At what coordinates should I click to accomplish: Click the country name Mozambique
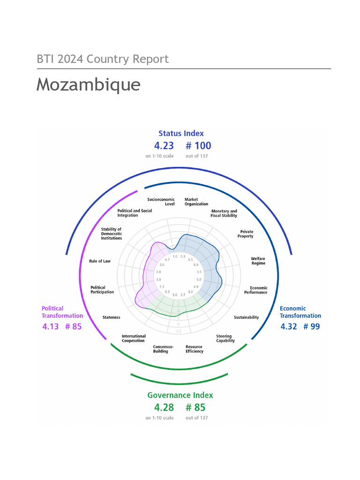pyautogui.click(x=88, y=85)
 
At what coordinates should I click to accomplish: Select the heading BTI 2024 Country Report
pyautogui.click(x=103, y=59)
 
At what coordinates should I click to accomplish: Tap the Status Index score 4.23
pyautogui.click(x=164, y=146)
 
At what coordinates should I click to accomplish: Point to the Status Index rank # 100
pyautogui.click(x=198, y=146)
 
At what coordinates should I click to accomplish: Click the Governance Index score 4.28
pyautogui.click(x=164, y=407)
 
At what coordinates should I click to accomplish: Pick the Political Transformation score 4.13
pyautogui.click(x=51, y=326)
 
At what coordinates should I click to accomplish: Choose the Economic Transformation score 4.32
pyautogui.click(x=289, y=326)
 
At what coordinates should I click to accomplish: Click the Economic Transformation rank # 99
pyautogui.click(x=312, y=326)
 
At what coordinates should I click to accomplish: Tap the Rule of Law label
pyautogui.click(x=100, y=261)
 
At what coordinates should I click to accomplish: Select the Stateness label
pyautogui.click(x=111, y=317)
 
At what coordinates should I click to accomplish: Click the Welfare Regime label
pyautogui.click(x=258, y=261)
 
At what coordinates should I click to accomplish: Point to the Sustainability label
pyautogui.click(x=246, y=317)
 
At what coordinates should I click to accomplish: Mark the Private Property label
pyautogui.click(x=247, y=234)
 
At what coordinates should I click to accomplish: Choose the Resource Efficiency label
pyautogui.click(x=194, y=349)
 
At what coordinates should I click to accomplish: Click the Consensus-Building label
pyautogui.click(x=163, y=349)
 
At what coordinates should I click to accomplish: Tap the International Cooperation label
pyautogui.click(x=134, y=338)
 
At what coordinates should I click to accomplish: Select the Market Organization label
pyautogui.click(x=196, y=202)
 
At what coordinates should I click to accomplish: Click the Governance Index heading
pyautogui.click(x=180, y=395)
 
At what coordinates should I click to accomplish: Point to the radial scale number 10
pyautogui.click(x=179, y=331)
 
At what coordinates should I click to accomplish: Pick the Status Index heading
pyautogui.click(x=181, y=133)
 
